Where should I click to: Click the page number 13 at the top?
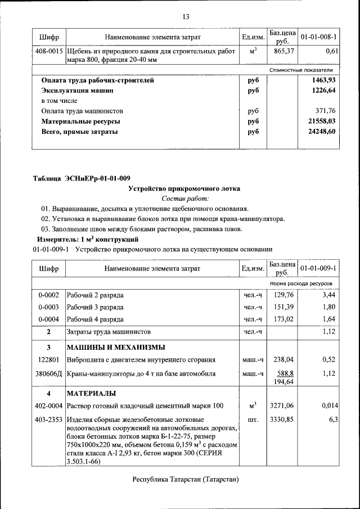click(186, 16)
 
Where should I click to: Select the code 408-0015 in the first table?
click(49, 51)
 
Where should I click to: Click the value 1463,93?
click(323, 80)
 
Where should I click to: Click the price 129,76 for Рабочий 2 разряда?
click(283, 295)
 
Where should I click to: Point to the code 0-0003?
click(49, 307)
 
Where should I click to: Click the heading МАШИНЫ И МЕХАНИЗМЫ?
click(116, 346)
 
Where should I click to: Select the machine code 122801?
click(49, 359)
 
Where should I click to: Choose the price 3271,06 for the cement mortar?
click(282, 406)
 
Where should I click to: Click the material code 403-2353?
click(49, 419)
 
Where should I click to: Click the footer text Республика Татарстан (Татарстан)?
click(186, 479)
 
